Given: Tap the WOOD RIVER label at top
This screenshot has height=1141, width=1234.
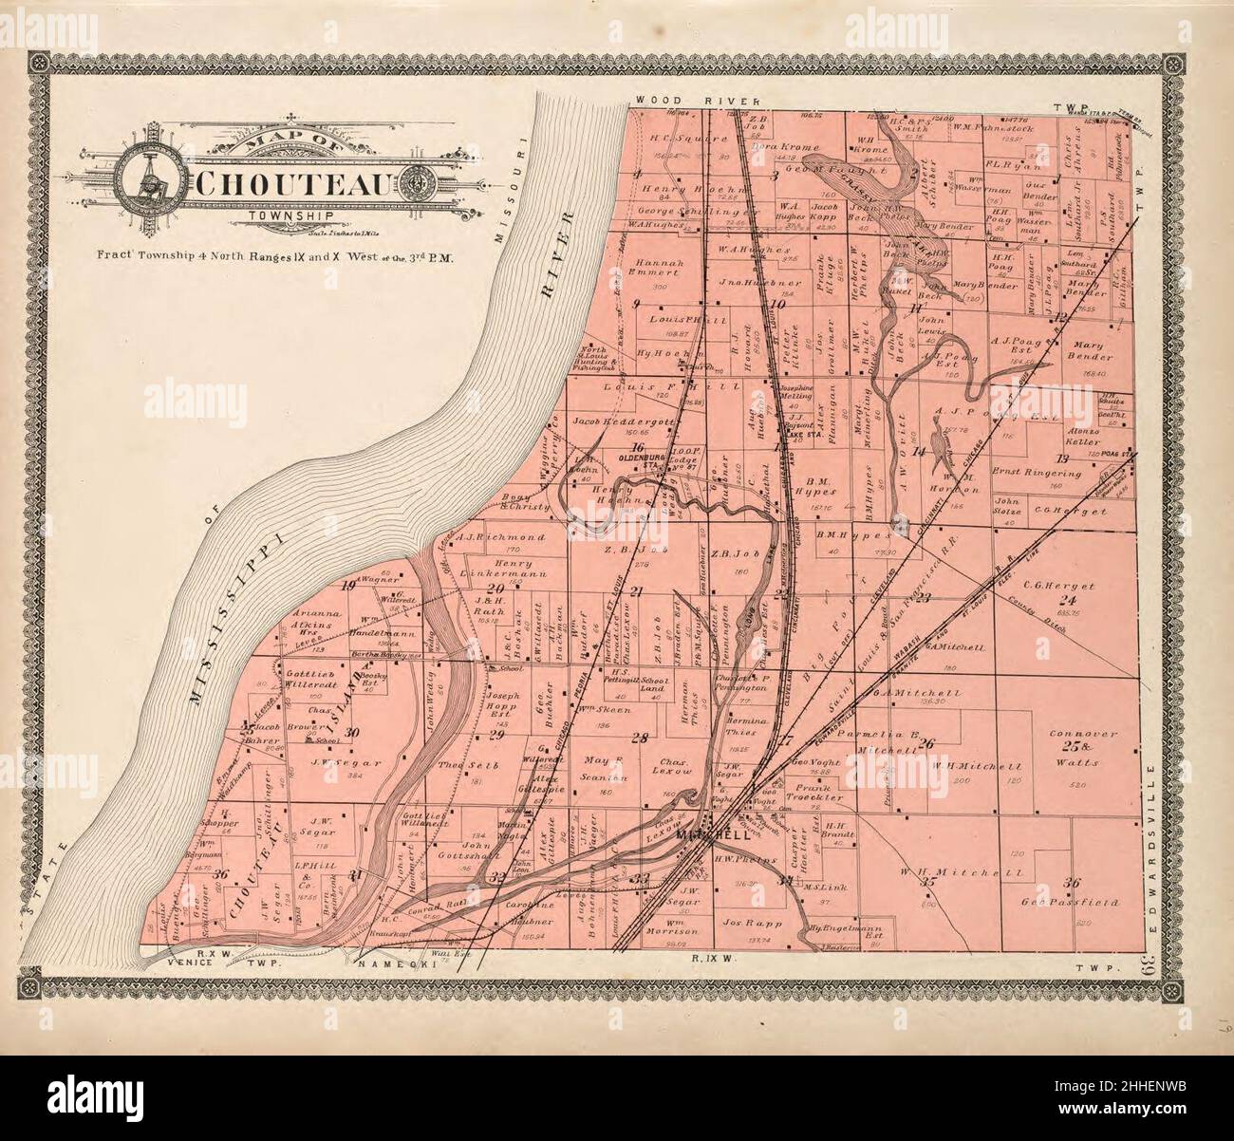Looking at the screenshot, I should (x=699, y=100).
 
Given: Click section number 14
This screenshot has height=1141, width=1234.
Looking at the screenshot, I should (x=917, y=452).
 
